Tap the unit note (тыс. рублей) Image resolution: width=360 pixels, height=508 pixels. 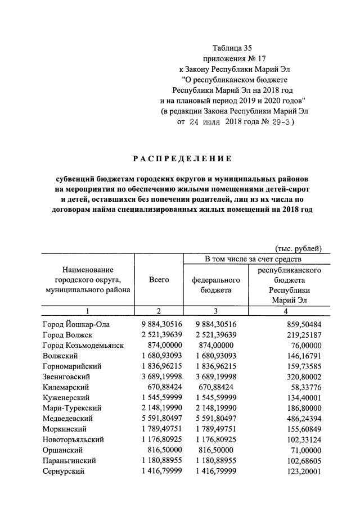298,248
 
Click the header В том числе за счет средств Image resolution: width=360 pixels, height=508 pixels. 253,259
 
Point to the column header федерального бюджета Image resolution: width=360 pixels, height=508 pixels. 216,285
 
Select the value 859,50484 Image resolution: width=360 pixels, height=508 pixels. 301,324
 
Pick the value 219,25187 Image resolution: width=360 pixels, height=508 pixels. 301,335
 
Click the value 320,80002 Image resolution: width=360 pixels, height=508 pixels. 301,377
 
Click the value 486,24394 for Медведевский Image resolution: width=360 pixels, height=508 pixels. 301,419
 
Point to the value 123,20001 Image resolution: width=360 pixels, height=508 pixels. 301,471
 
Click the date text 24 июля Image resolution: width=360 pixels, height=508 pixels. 205,121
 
